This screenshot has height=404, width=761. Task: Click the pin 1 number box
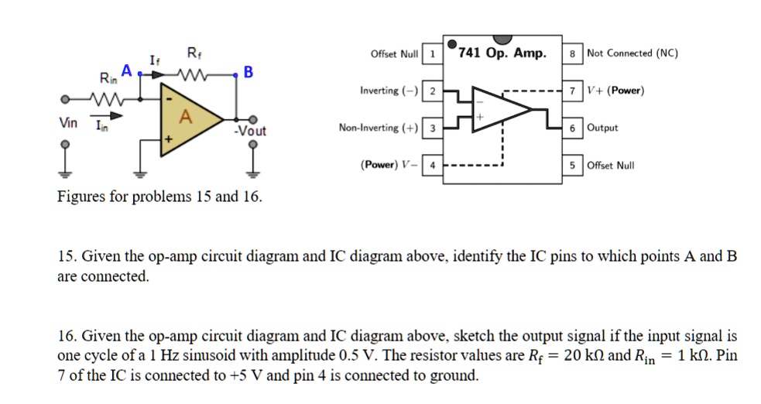(x=433, y=53)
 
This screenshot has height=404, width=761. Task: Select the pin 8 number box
(x=572, y=53)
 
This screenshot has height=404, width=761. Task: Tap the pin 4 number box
(x=433, y=165)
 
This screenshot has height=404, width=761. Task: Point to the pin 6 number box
(x=572, y=128)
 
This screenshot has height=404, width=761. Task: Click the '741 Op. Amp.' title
(x=502, y=53)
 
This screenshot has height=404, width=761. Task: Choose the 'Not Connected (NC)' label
(x=632, y=53)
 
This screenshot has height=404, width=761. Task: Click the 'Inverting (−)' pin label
(x=389, y=91)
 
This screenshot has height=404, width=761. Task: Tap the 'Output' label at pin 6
(x=603, y=128)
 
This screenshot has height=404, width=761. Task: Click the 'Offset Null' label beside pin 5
(x=611, y=165)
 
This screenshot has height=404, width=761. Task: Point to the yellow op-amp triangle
(x=186, y=121)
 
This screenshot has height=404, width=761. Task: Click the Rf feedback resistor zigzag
(x=191, y=75)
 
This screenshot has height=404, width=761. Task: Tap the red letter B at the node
(x=248, y=73)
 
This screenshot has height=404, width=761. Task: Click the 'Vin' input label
(x=67, y=123)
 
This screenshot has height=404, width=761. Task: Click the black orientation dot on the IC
(x=452, y=43)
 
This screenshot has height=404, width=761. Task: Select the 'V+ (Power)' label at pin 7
(x=615, y=91)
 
